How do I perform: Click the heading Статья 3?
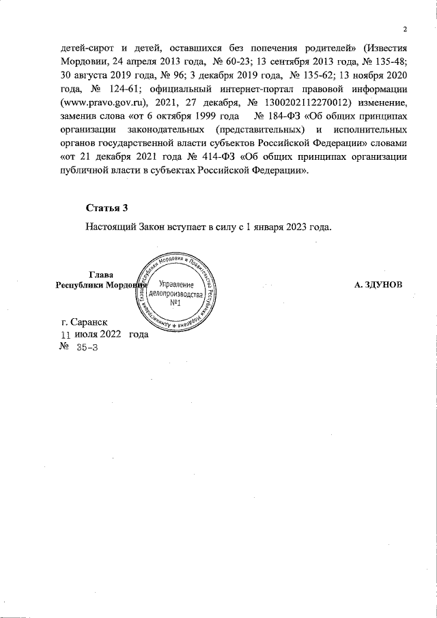coord(107,208)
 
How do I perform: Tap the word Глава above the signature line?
coord(101,275)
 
